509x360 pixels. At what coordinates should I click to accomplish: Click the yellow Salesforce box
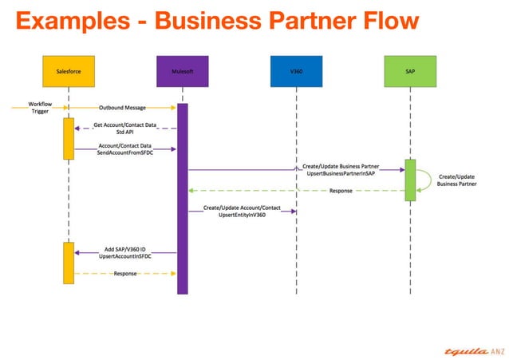[69, 70]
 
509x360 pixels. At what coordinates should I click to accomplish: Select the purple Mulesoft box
[182, 70]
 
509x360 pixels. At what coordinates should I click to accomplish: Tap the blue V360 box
[296, 70]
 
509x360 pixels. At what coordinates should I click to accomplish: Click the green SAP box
[410, 70]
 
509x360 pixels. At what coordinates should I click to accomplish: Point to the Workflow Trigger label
[40, 108]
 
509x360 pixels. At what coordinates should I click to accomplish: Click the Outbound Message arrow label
[122, 107]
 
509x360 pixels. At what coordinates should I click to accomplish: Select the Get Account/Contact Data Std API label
[125, 129]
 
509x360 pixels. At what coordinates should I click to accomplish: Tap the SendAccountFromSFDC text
[124, 153]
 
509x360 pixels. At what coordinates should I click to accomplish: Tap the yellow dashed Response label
[125, 273]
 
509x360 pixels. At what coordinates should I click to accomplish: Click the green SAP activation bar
[410, 180]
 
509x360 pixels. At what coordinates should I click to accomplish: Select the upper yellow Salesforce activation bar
[69, 138]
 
